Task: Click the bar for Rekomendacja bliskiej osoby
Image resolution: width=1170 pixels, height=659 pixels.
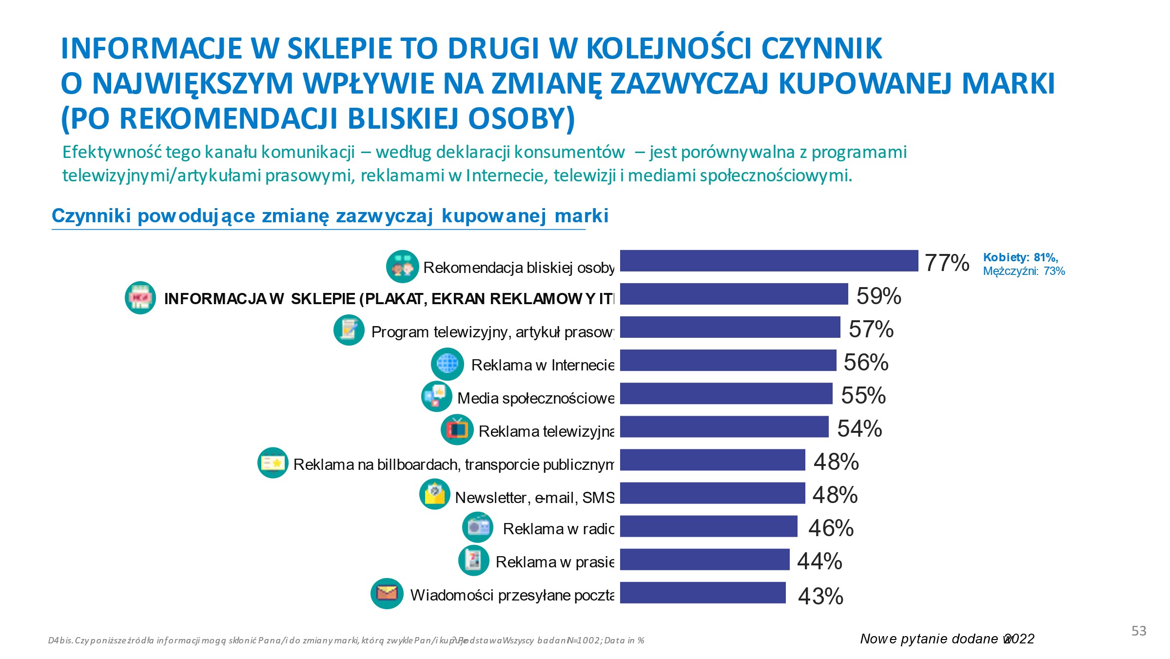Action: [x=769, y=261]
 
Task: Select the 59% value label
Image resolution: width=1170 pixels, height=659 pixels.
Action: [x=878, y=296]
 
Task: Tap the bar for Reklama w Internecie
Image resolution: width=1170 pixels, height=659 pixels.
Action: [x=728, y=360]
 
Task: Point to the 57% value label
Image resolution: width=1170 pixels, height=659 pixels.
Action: [x=871, y=329]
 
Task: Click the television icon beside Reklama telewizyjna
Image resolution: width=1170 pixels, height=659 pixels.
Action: [x=457, y=429]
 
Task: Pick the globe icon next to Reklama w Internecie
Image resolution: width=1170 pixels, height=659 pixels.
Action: [x=447, y=364]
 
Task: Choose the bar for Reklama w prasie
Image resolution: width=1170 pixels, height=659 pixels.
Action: [x=704, y=560]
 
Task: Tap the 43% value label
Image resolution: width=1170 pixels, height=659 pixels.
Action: [x=820, y=596]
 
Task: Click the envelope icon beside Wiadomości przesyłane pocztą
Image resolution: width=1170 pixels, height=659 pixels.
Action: [x=387, y=594]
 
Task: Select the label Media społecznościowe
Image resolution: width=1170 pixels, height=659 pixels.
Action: [x=535, y=398]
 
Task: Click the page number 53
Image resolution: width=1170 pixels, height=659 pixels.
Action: [x=1138, y=631]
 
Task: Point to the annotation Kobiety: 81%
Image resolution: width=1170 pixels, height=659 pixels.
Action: [x=1020, y=257]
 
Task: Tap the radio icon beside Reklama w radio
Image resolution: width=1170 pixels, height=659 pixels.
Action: [x=478, y=527]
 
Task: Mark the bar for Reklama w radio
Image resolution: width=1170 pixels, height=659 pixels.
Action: [x=708, y=526]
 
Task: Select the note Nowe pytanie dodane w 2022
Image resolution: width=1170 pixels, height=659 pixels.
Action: [x=947, y=639]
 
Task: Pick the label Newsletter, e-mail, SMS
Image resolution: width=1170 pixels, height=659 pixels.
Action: [x=534, y=498]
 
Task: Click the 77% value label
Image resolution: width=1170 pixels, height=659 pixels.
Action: [x=947, y=263]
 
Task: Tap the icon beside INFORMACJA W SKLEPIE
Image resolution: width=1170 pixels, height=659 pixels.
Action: [x=140, y=298]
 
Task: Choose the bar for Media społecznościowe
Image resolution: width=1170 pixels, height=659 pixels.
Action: [x=726, y=393]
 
